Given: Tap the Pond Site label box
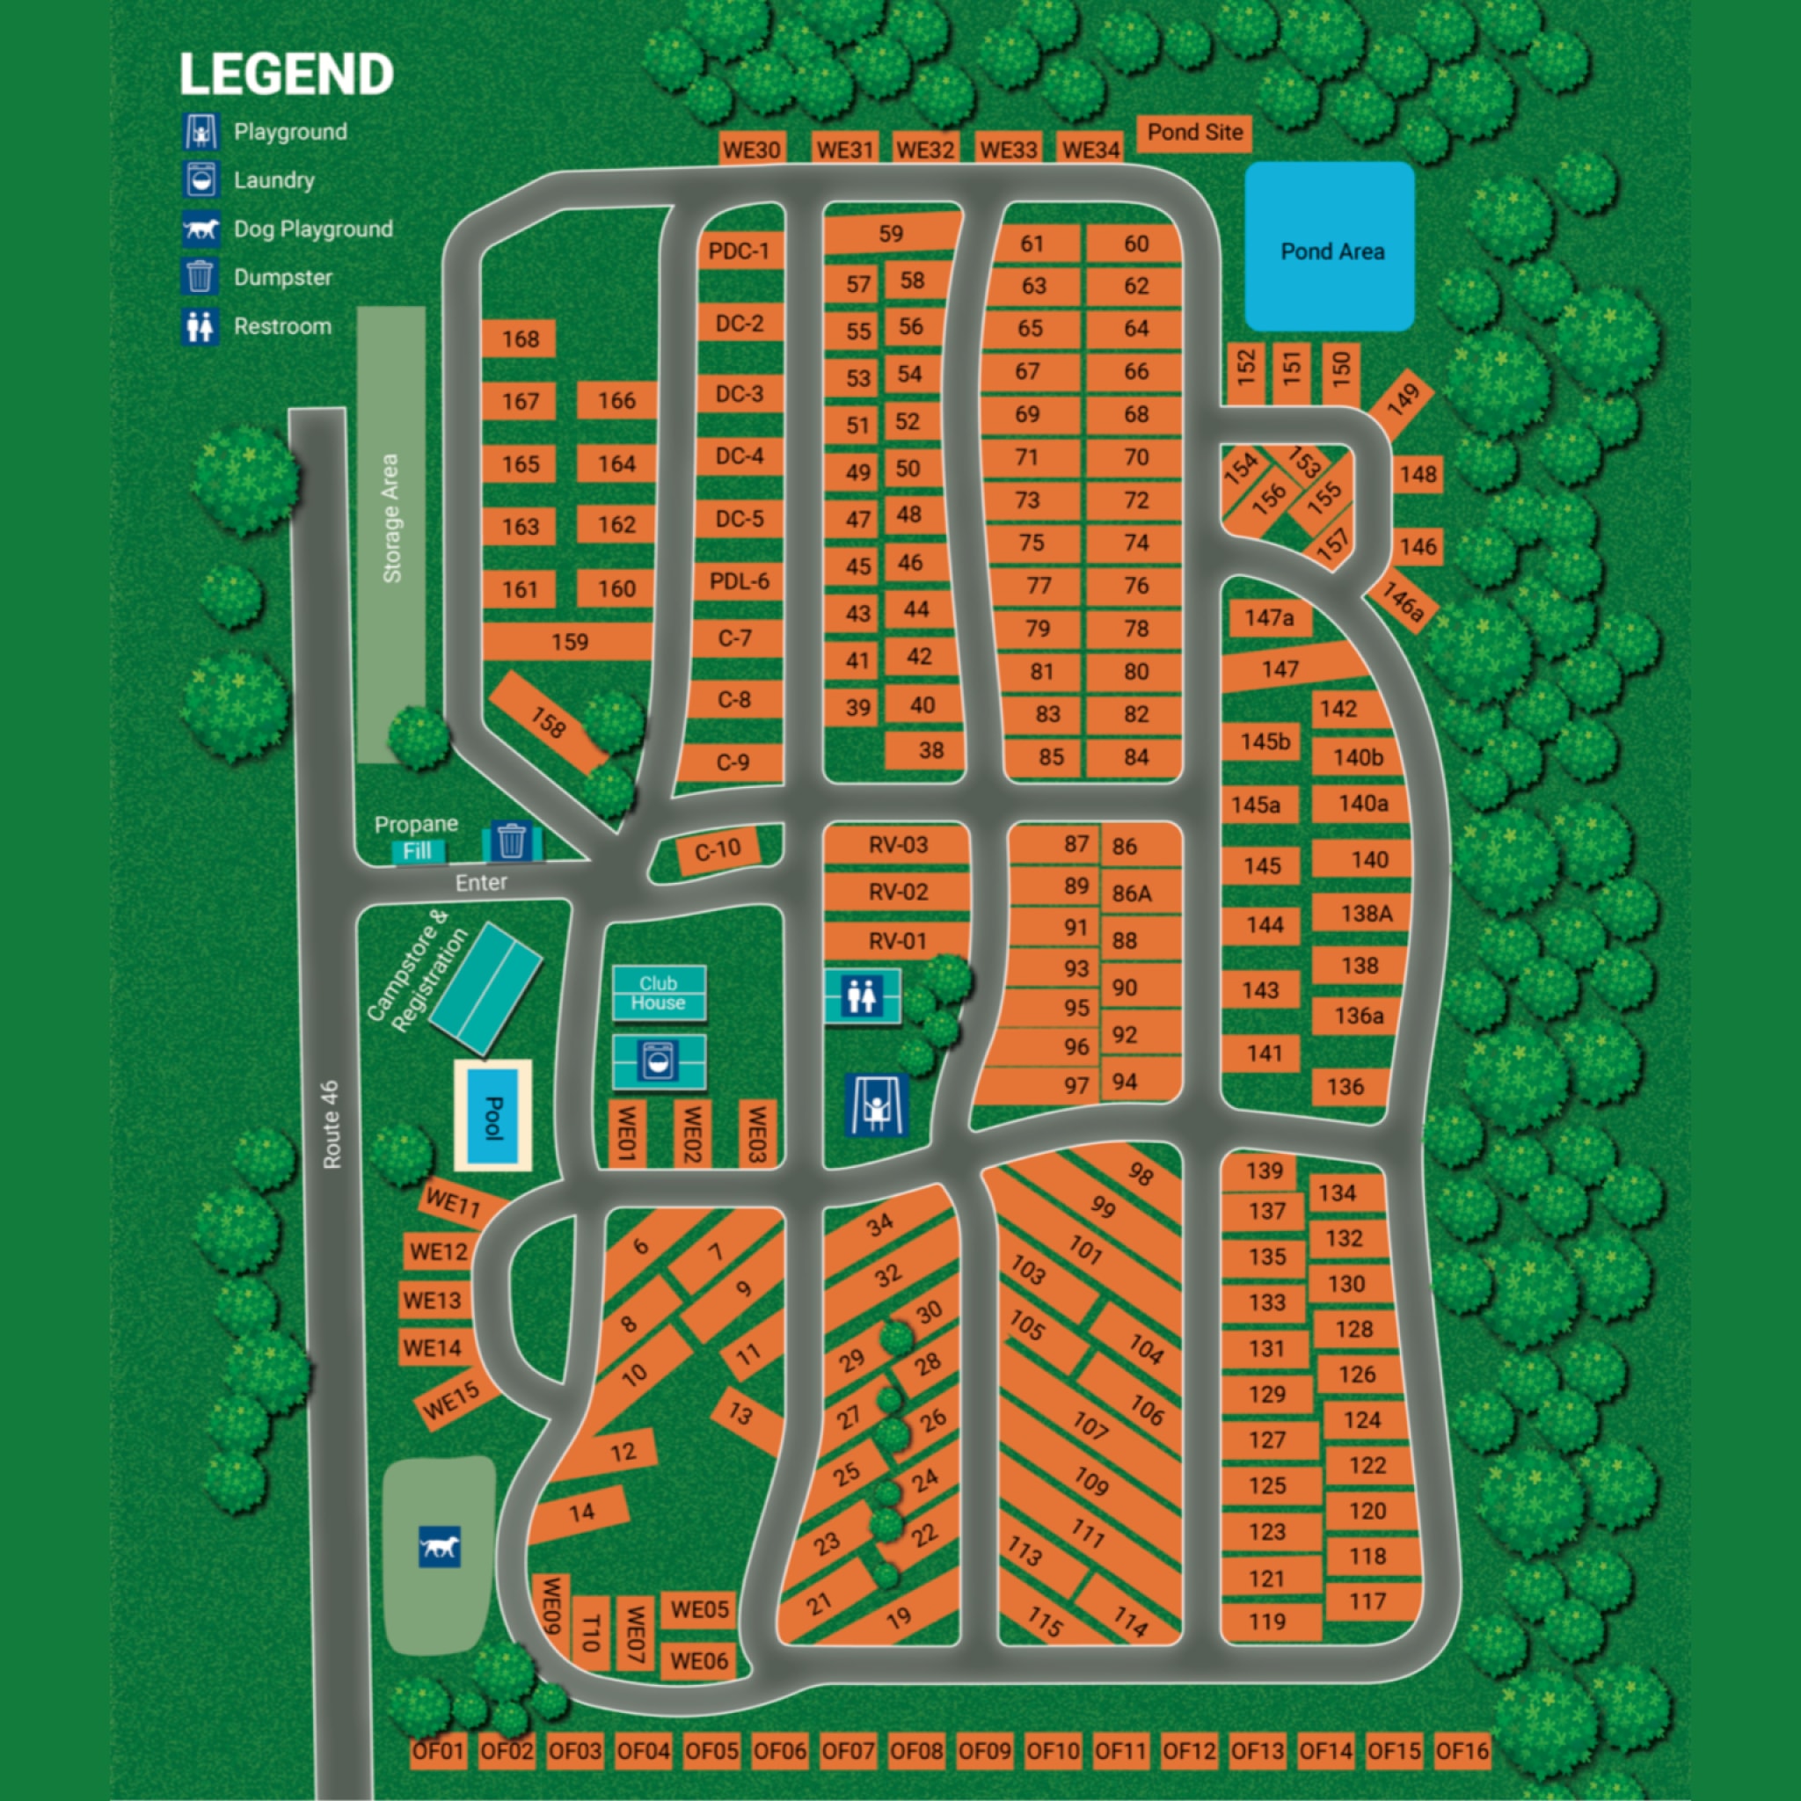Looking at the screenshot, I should pos(1194,133).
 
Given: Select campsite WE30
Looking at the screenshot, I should pos(751,149).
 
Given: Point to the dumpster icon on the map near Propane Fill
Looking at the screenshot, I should pos(511,841).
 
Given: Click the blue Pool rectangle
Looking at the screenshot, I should pos(492,1116).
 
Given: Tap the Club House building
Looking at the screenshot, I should pos(658,994).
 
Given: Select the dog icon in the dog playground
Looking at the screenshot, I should pos(439,1547).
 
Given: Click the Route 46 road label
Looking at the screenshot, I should pos(331,1124).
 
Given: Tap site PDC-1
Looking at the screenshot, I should pos(739,252).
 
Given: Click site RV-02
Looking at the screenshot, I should pos(898,892).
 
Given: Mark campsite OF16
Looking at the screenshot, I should pos(1462,1751).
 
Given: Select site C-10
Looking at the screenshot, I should pos(718,850).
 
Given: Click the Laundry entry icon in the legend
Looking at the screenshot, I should pos(201,180).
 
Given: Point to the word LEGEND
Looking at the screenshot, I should pos(286,75).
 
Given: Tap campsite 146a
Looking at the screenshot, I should pos(1402,602).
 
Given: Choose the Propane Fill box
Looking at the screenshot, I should pos(417,850).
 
